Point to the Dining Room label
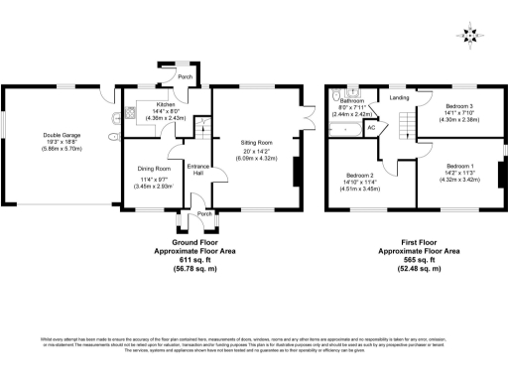[154, 169]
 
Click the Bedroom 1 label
[458, 165]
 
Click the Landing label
[400, 97]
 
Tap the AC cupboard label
[371, 128]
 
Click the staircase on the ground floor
[201, 127]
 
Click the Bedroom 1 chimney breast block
[499, 167]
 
